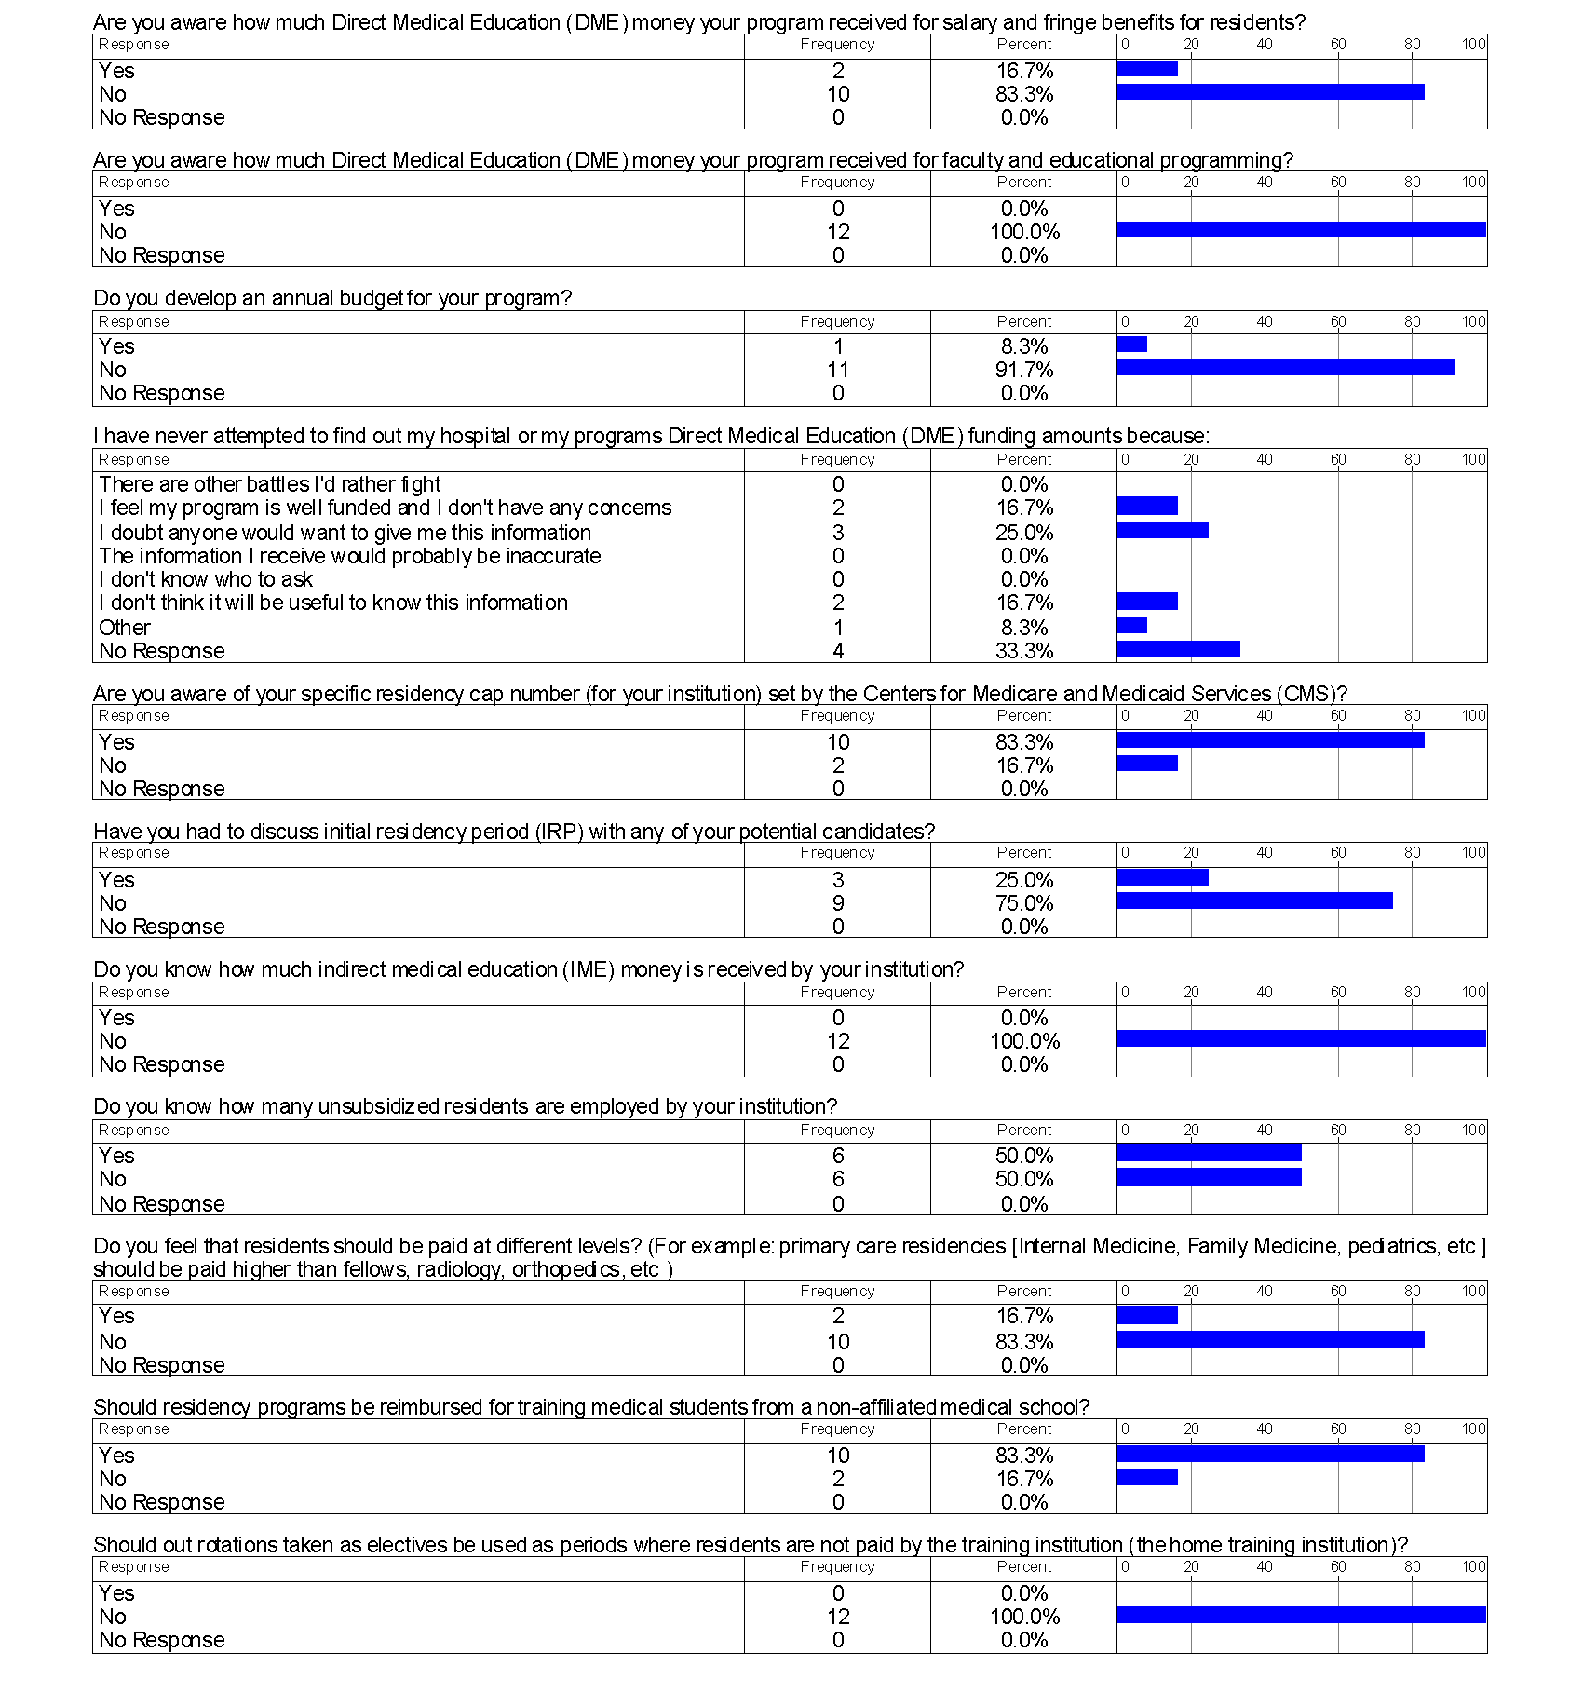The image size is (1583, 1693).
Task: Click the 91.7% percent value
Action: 1024,370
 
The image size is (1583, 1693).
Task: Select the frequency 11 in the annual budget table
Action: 838,370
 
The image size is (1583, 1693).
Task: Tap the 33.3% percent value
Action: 1024,651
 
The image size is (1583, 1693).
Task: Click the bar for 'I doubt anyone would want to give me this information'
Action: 1162,531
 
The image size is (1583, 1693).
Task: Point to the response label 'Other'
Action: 125,628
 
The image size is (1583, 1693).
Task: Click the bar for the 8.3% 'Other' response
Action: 1131,626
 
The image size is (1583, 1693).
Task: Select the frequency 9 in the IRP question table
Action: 838,903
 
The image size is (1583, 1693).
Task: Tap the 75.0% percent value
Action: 1024,903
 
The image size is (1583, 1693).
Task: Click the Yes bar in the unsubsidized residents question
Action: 1209,1154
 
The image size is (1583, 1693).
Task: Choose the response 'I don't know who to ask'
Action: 206,579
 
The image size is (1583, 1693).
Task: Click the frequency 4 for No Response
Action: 838,651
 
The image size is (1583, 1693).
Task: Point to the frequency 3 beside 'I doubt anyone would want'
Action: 838,533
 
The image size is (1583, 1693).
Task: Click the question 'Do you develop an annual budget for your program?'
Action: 332,298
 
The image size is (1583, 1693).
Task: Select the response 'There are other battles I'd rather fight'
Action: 270,484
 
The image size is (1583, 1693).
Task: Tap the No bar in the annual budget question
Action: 1285,368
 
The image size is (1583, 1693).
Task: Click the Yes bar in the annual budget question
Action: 1131,345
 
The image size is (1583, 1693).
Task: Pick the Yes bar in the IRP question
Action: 1162,877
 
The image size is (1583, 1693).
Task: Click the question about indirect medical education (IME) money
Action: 528,969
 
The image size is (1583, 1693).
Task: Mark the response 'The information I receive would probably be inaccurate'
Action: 350,556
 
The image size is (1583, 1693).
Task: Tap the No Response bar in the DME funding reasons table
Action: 1178,649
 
